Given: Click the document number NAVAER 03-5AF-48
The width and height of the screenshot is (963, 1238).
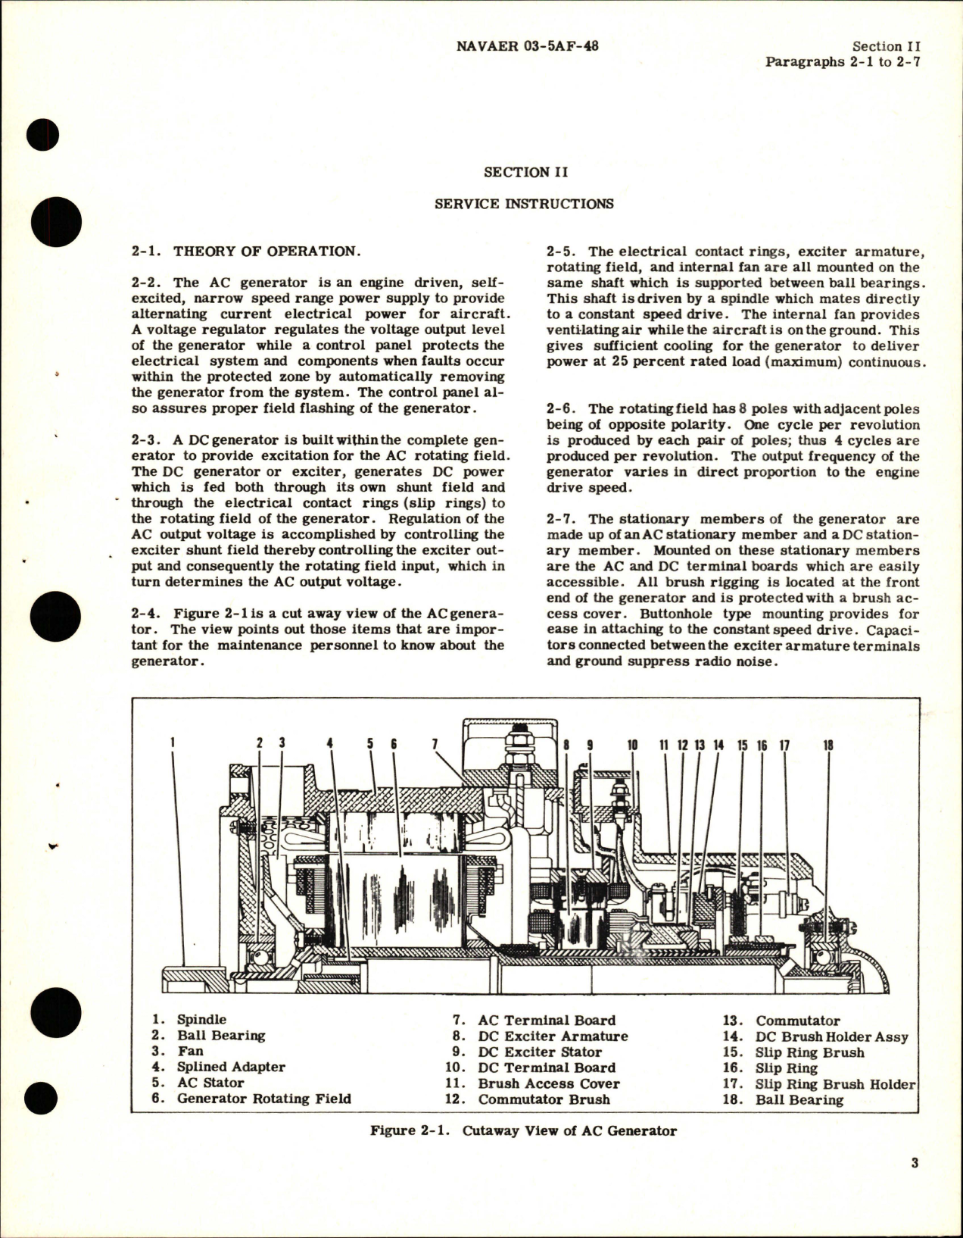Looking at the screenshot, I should click(x=528, y=46).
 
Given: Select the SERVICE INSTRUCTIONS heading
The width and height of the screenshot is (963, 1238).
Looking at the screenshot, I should click(x=525, y=204).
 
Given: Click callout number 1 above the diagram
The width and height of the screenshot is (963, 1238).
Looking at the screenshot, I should click(x=173, y=744).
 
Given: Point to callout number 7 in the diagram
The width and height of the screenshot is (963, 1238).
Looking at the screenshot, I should click(x=435, y=744).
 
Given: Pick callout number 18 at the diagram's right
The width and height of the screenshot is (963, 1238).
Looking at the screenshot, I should click(x=827, y=745).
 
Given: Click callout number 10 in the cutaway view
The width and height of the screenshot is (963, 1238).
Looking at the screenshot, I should click(x=632, y=745).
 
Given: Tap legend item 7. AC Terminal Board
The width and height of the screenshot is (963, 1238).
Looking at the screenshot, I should click(x=534, y=1021).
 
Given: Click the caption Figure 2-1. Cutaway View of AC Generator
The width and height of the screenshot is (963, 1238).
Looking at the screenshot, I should click(x=523, y=1130).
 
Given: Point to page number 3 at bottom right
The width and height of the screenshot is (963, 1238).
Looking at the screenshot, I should click(x=915, y=1184).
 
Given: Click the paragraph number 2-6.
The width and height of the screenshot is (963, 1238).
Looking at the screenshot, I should click(x=562, y=409).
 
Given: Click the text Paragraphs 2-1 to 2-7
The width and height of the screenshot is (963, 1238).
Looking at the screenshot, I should click(x=843, y=62).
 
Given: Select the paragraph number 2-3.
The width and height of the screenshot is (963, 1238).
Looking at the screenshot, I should click(x=145, y=440).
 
